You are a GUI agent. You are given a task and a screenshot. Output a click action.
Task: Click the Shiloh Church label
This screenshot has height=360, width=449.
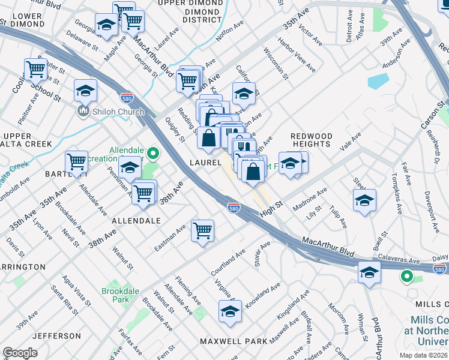click(x=118, y=112)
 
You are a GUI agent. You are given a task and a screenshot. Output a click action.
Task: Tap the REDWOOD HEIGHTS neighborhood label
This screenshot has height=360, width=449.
click(x=311, y=140)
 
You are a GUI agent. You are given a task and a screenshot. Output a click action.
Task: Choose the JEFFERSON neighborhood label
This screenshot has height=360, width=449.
click(x=56, y=336)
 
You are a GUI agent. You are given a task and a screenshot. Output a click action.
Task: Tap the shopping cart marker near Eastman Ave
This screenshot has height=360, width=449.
click(x=202, y=230)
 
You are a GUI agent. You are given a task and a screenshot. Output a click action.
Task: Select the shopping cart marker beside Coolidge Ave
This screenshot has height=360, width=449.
click(x=35, y=69)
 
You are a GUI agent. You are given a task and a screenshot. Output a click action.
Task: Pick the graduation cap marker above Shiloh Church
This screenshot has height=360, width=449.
click(x=85, y=90)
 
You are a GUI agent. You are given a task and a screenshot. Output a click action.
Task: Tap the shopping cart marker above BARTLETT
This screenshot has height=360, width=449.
click(x=76, y=161)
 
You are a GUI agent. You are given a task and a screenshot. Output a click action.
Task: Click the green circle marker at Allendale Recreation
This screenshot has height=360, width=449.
click(x=153, y=154)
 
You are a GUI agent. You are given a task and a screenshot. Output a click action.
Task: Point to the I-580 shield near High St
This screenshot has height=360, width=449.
click(x=234, y=207)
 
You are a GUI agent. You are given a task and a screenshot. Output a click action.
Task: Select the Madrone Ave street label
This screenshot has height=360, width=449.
click(x=310, y=200)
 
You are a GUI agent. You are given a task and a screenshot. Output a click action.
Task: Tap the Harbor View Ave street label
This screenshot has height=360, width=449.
click(x=297, y=56)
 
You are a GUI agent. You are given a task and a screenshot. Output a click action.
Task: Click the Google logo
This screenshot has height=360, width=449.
click(x=20, y=353)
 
